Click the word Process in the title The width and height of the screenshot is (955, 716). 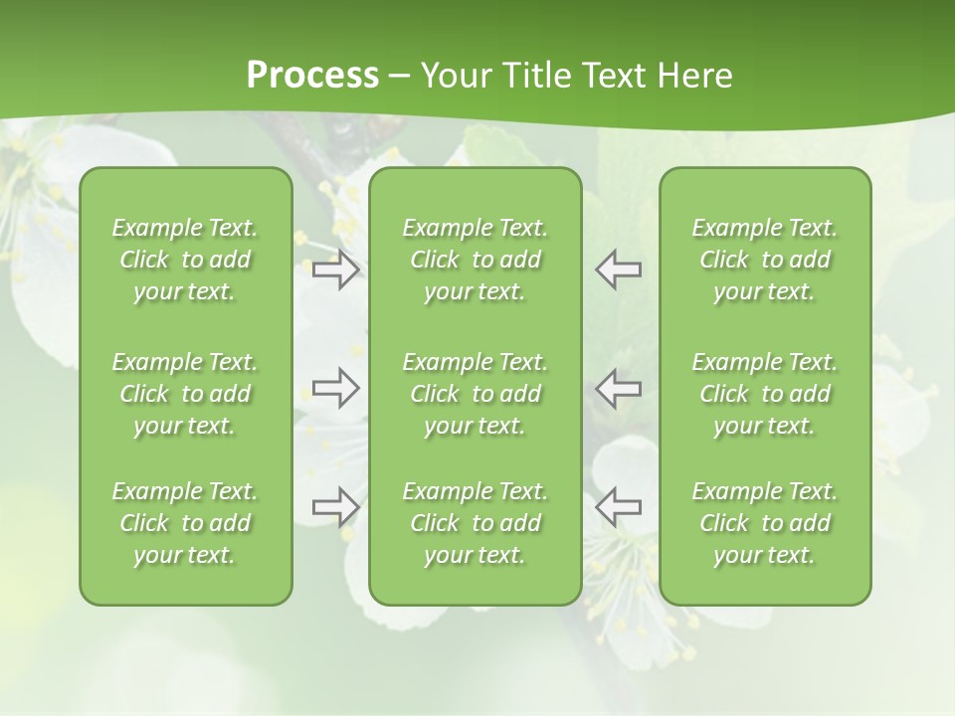pos(312,76)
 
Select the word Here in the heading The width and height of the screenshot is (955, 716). pos(695,76)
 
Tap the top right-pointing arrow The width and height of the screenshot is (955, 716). pos(335,269)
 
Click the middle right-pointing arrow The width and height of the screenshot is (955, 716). pos(335,388)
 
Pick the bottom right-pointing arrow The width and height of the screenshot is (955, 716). pos(335,506)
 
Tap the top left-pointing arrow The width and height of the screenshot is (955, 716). pos(618,269)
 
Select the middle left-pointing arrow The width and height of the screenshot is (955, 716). pos(618,388)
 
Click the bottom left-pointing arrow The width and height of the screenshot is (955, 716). pos(618,506)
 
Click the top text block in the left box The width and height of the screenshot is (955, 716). pos(185,260)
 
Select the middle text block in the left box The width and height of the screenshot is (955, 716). pos(185,394)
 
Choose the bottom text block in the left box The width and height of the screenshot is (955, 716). pos(185,523)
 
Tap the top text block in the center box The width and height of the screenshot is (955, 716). pos(475,260)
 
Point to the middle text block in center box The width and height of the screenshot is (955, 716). pos(475,394)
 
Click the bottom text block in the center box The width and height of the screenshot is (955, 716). pos(475,523)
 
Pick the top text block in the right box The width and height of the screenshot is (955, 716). pos(764,260)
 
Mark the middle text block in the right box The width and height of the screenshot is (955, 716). pos(764,394)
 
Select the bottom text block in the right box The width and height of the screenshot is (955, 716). pos(764,523)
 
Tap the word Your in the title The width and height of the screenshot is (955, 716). pos(454,76)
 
